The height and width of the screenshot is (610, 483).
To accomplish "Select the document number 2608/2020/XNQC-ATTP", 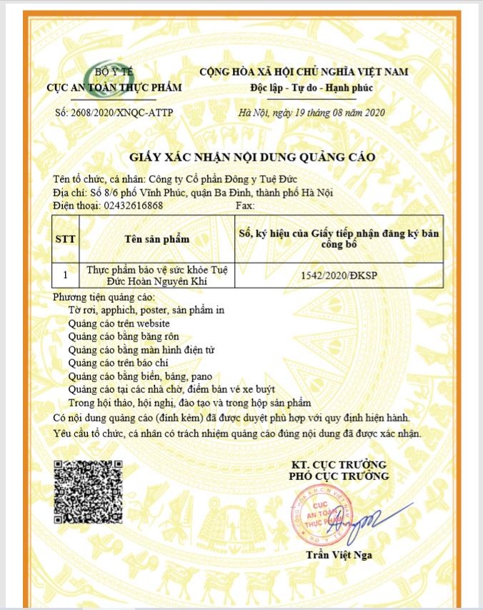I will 114,113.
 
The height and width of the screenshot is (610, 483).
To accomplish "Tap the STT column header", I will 66,239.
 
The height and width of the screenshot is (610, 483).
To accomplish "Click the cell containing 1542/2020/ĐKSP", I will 339,274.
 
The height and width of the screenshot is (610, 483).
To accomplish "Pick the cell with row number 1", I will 66,274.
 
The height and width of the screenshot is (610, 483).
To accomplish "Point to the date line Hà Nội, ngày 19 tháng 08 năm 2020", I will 312,113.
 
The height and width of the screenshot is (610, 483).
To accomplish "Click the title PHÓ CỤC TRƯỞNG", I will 339,476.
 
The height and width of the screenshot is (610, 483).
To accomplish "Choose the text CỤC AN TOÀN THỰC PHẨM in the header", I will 114,88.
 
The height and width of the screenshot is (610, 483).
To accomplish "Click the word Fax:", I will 245,206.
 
